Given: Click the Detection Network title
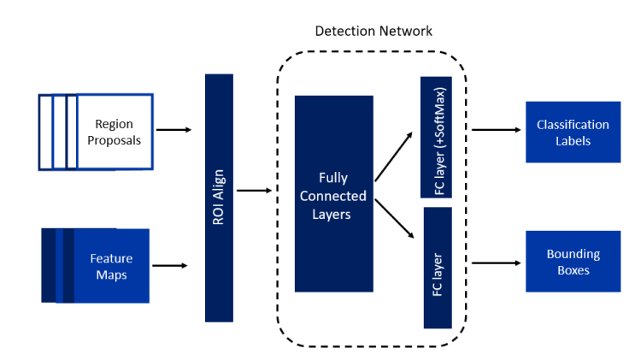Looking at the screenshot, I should tap(373, 31).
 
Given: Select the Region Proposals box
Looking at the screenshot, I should tap(114, 132).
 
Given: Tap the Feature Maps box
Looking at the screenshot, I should tap(111, 265).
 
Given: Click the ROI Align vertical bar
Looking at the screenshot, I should tap(219, 198).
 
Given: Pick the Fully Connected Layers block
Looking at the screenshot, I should tap(333, 194).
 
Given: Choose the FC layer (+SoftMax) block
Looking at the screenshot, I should tap(437, 137).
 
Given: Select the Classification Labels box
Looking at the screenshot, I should tap(573, 132).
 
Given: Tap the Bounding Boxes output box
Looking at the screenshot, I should tap(573, 262).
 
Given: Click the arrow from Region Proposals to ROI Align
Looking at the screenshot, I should tap(174, 130).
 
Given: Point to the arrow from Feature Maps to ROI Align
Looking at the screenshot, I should tap(171, 265).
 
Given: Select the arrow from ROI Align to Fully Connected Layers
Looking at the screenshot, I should tap(254, 191).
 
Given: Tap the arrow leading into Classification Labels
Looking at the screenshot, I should tap(496, 130).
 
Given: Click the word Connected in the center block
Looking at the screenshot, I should tap(334, 196).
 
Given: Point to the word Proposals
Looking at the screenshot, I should tap(114, 140).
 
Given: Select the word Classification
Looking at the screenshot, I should tap(573, 125).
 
